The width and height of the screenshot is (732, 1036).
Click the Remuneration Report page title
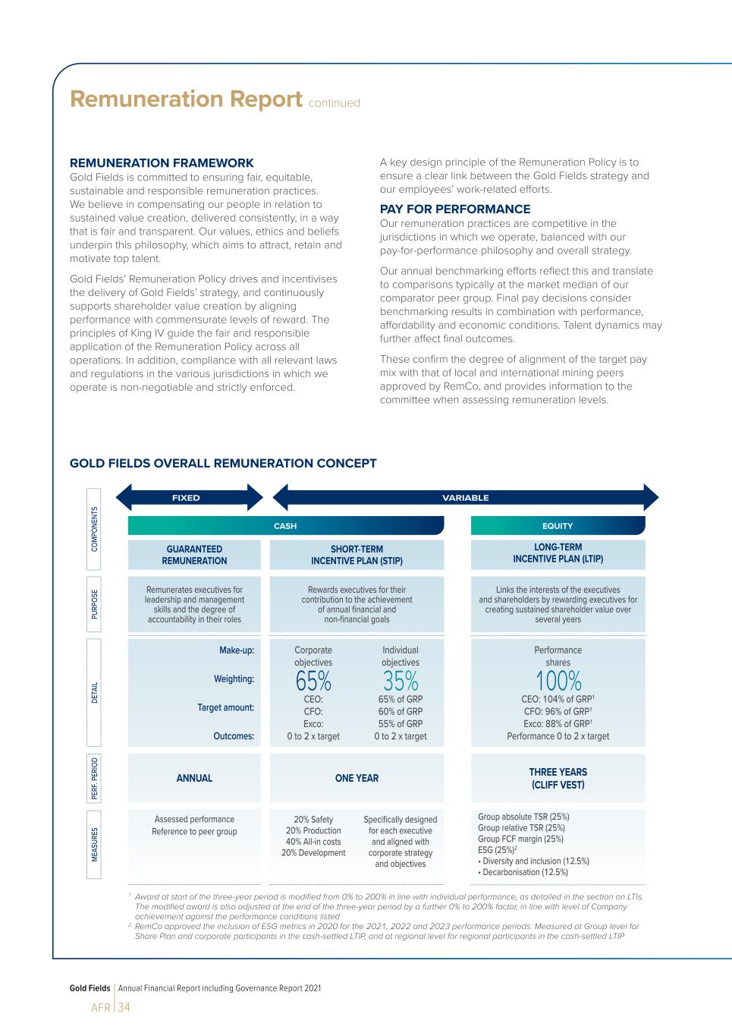click(186, 99)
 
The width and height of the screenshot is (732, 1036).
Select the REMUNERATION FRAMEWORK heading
click(162, 163)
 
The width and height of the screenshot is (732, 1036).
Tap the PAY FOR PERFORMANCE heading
click(455, 209)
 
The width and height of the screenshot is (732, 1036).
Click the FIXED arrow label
click(186, 498)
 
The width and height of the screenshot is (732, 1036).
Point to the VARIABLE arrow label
click(466, 498)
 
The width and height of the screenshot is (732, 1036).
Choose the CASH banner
click(285, 526)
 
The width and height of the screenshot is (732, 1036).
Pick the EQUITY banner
click(558, 526)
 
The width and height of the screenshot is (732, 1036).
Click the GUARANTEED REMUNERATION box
click(194, 555)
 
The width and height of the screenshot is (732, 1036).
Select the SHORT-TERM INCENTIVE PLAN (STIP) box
click(357, 555)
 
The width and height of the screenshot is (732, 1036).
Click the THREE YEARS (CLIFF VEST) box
click(558, 778)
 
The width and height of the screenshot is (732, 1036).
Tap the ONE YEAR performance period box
click(357, 778)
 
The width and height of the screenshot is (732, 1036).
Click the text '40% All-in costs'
click(313, 842)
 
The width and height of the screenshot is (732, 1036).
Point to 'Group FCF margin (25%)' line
click(520, 839)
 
